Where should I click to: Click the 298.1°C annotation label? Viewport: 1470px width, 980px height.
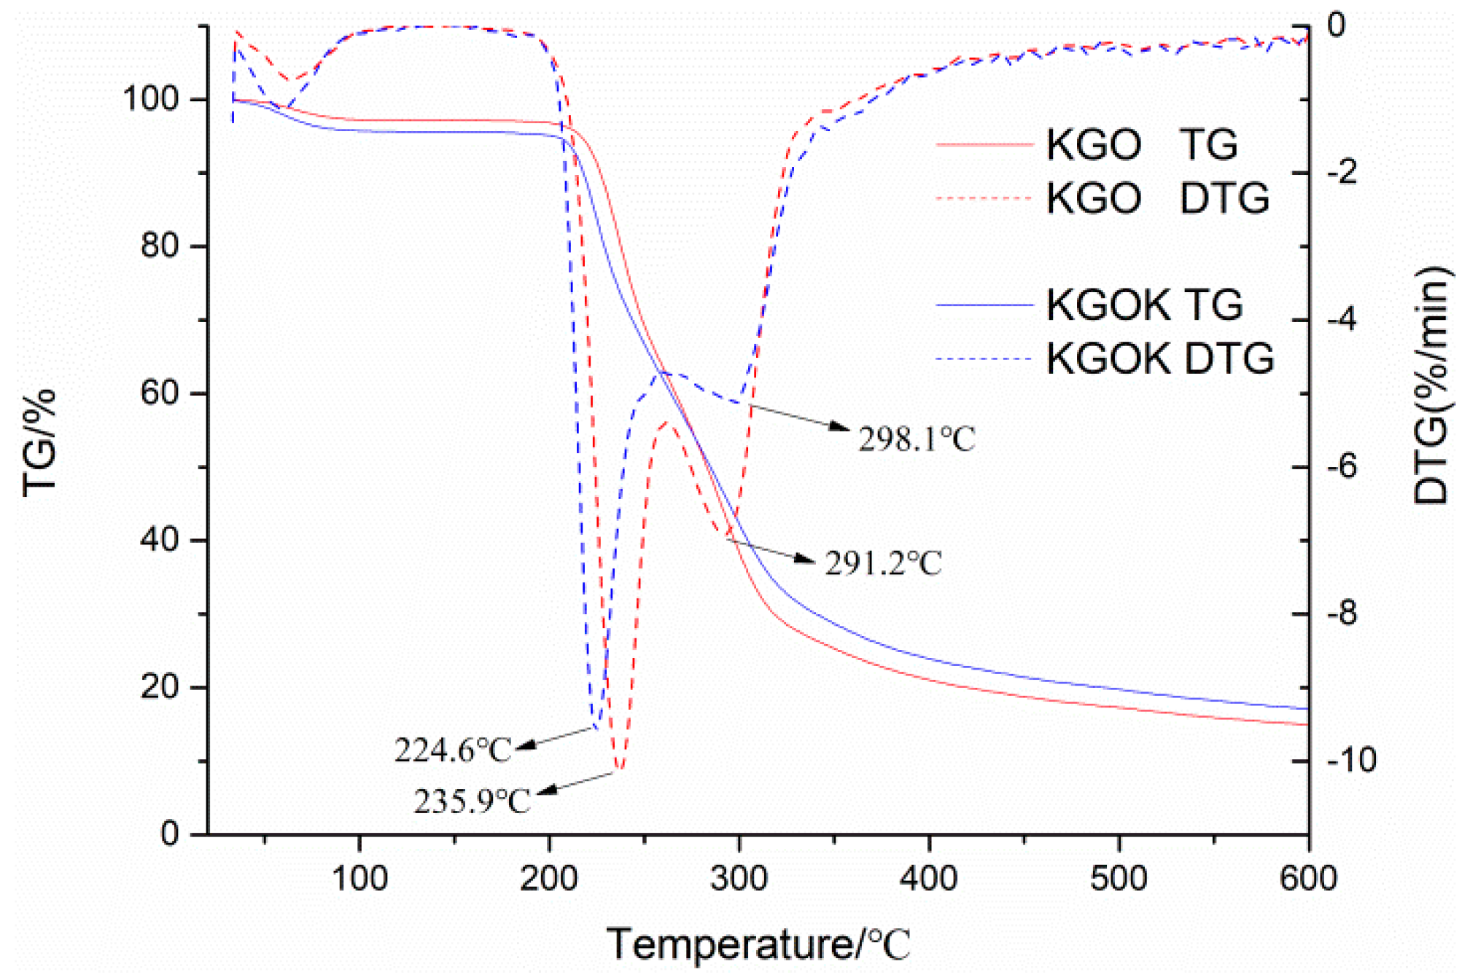tap(916, 439)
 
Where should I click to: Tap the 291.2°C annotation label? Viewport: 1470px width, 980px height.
tap(883, 563)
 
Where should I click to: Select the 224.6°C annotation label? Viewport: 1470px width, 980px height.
tap(453, 750)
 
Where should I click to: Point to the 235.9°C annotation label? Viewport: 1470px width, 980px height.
tap(472, 801)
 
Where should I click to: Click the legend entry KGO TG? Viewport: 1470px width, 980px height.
tap(1141, 144)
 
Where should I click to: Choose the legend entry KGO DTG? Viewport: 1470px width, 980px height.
tap(1157, 198)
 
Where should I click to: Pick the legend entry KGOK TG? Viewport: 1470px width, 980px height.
tap(1144, 305)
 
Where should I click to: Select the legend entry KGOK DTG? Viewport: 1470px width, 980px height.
tap(1159, 358)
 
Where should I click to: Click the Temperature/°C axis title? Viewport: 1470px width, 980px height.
tap(758, 944)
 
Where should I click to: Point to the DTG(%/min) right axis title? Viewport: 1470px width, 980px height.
tap(1431, 386)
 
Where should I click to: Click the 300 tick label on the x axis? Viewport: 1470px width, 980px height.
tap(739, 878)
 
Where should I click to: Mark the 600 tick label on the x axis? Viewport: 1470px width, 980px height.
tap(1307, 878)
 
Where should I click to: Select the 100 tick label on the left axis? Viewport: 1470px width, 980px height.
tap(150, 98)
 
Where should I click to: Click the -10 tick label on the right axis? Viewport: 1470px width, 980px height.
tap(1351, 760)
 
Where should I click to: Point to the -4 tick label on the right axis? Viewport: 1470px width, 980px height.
tap(1342, 319)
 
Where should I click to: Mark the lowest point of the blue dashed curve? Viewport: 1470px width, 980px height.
tap(596, 727)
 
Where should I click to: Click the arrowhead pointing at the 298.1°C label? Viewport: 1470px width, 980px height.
tap(840, 427)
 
